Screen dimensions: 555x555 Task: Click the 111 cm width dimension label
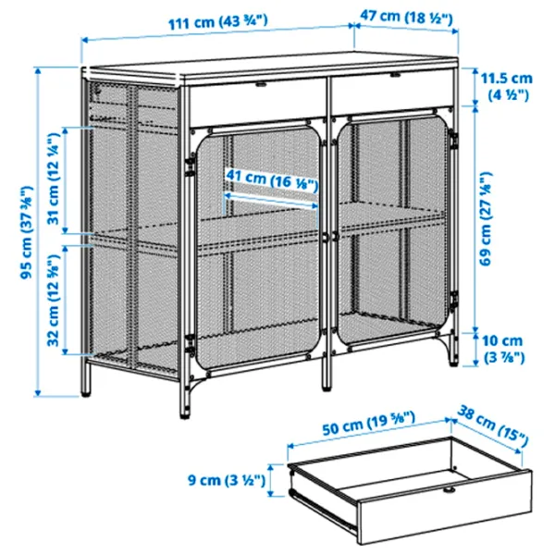217,20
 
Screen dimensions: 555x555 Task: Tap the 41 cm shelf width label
271,182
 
